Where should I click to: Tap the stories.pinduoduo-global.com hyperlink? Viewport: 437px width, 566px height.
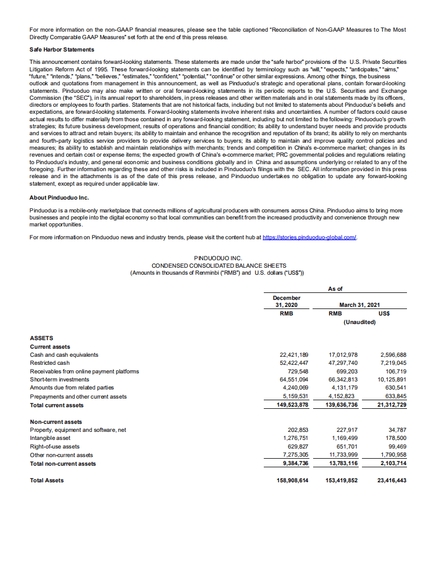(x=309, y=237)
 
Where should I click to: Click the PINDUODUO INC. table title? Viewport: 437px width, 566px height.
(x=218, y=258)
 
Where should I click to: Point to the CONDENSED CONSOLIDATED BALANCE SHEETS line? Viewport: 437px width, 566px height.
(x=218, y=266)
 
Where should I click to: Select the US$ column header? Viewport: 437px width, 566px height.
(x=384, y=313)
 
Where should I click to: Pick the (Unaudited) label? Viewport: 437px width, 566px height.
(x=359, y=322)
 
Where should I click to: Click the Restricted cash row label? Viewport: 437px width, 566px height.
(x=50, y=363)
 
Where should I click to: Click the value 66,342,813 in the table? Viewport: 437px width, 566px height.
(x=343, y=379)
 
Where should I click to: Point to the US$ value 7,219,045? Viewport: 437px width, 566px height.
(x=392, y=363)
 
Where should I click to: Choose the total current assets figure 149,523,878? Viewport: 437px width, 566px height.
(x=290, y=405)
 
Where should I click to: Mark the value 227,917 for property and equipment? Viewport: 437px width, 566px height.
(x=346, y=430)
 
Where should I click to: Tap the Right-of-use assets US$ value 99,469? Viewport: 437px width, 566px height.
(x=397, y=446)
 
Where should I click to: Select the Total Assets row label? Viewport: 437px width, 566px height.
(x=47, y=480)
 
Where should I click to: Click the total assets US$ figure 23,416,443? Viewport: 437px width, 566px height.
(x=391, y=480)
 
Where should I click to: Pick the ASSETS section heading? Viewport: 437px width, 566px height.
(x=41, y=338)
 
